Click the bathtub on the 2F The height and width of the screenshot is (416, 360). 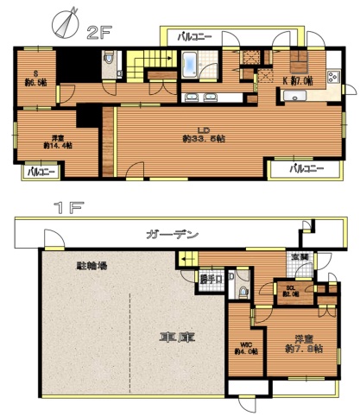191,63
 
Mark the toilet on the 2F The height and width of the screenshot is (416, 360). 107,60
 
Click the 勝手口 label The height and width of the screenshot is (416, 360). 212,279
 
